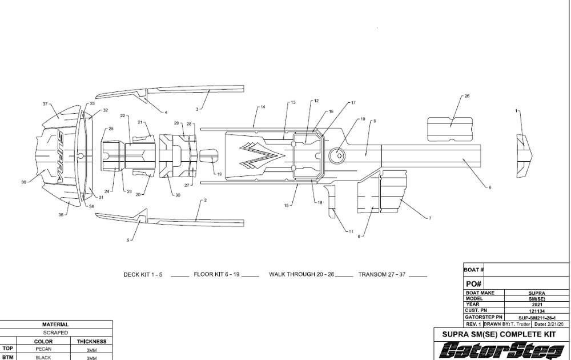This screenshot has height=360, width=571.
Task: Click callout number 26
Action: click(467, 96)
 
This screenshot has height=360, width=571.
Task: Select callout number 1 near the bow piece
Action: click(517, 110)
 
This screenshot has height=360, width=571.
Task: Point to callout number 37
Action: click(45, 103)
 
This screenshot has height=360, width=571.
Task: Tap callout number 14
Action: click(263, 107)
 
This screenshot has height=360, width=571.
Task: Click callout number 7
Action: click(429, 218)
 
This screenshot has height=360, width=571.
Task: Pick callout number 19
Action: click(219, 174)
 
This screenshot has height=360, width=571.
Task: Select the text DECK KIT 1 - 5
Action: click(143, 274)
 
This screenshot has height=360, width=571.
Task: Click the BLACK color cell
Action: click(43, 357)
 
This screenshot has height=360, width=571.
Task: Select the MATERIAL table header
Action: click(55, 324)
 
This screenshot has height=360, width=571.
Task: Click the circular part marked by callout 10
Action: click(338, 153)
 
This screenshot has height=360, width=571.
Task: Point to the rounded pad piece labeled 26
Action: click(450, 129)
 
